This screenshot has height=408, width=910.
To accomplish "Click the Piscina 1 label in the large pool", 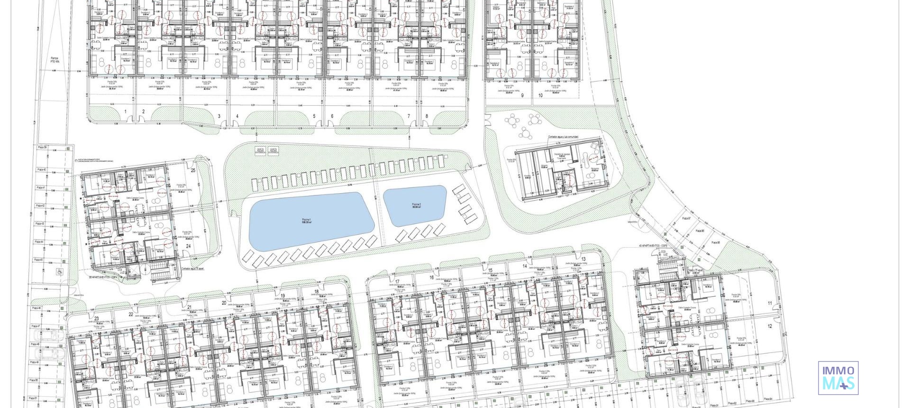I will (x=307, y=221).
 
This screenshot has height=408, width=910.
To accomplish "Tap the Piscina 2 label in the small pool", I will (x=416, y=205).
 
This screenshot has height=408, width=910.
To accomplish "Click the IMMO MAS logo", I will (x=838, y=378).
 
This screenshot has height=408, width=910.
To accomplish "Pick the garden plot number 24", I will (x=188, y=246).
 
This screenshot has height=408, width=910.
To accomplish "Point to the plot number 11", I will (x=770, y=303).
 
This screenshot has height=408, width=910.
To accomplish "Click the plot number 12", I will (x=770, y=326).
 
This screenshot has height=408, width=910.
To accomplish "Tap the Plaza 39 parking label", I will (x=43, y=148).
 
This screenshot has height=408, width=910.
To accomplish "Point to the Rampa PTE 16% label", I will (x=55, y=60).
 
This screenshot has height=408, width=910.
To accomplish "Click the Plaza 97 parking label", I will (x=686, y=218).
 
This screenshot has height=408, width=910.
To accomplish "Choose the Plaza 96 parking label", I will (x=700, y=231).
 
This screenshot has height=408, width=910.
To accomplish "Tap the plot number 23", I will (x=96, y=318).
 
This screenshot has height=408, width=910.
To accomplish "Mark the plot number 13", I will (x=583, y=259).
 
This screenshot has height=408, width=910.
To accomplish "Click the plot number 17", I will (x=397, y=282).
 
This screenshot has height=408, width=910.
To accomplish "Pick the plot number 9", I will (x=522, y=95).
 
